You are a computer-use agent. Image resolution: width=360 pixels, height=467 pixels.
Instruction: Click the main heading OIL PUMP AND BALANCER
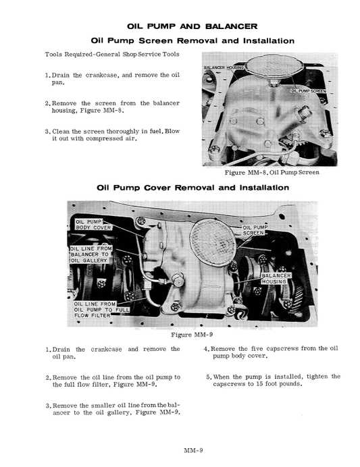[x=192, y=26]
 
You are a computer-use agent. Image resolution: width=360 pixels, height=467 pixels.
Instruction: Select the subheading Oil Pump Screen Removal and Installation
[x=192, y=40]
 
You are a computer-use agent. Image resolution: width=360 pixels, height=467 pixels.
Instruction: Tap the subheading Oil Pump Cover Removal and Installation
[x=192, y=188]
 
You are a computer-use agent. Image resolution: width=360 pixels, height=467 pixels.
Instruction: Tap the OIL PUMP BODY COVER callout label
[x=93, y=225]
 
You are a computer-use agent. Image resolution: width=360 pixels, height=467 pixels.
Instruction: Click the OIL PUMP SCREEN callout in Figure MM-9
[x=254, y=230]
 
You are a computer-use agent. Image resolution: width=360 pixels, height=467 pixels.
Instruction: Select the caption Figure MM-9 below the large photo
[x=192, y=334]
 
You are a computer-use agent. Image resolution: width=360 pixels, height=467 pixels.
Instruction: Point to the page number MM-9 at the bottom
[x=194, y=450]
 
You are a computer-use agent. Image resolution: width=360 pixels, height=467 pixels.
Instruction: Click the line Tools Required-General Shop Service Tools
[x=113, y=54]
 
